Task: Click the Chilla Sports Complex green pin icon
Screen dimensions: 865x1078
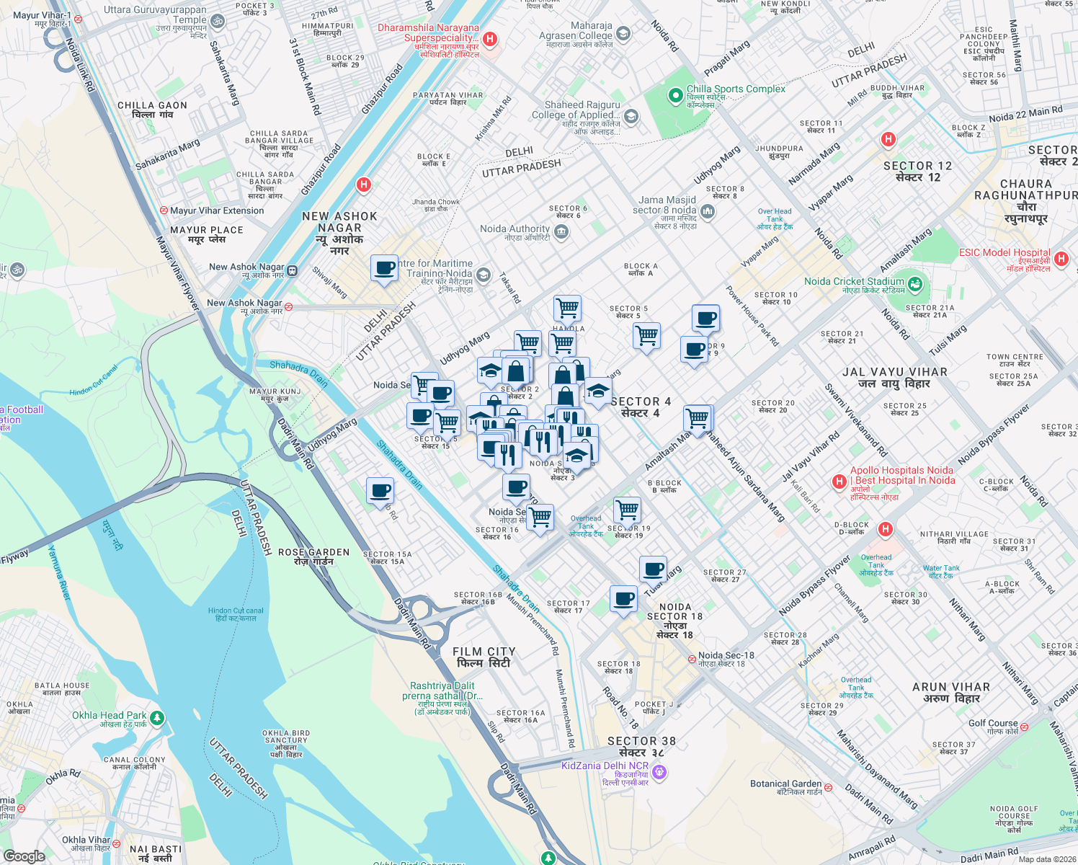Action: pyautogui.click(x=675, y=95)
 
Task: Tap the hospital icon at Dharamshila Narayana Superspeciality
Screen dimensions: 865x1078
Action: pyautogui.click(x=490, y=39)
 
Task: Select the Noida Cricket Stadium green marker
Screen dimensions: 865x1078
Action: pyautogui.click(x=914, y=284)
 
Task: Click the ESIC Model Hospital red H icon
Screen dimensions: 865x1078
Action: pyautogui.click(x=1061, y=258)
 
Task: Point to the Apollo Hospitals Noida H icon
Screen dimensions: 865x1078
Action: pyautogui.click(x=839, y=481)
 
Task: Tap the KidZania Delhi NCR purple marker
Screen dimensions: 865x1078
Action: pyautogui.click(x=659, y=773)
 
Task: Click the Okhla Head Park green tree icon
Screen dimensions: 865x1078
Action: pyautogui.click(x=157, y=718)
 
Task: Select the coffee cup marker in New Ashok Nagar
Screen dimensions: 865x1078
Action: pyautogui.click(x=385, y=268)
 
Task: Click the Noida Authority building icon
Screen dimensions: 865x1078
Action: pyautogui.click(x=562, y=232)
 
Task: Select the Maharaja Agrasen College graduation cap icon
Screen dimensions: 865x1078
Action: pyautogui.click(x=623, y=33)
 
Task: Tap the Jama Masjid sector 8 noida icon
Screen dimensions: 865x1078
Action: pyautogui.click(x=707, y=211)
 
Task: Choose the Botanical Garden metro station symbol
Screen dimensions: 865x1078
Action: pyautogui.click(x=829, y=787)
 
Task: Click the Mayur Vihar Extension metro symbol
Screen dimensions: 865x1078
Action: pyautogui.click(x=164, y=210)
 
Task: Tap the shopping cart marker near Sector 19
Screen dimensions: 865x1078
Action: pyautogui.click(x=627, y=510)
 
